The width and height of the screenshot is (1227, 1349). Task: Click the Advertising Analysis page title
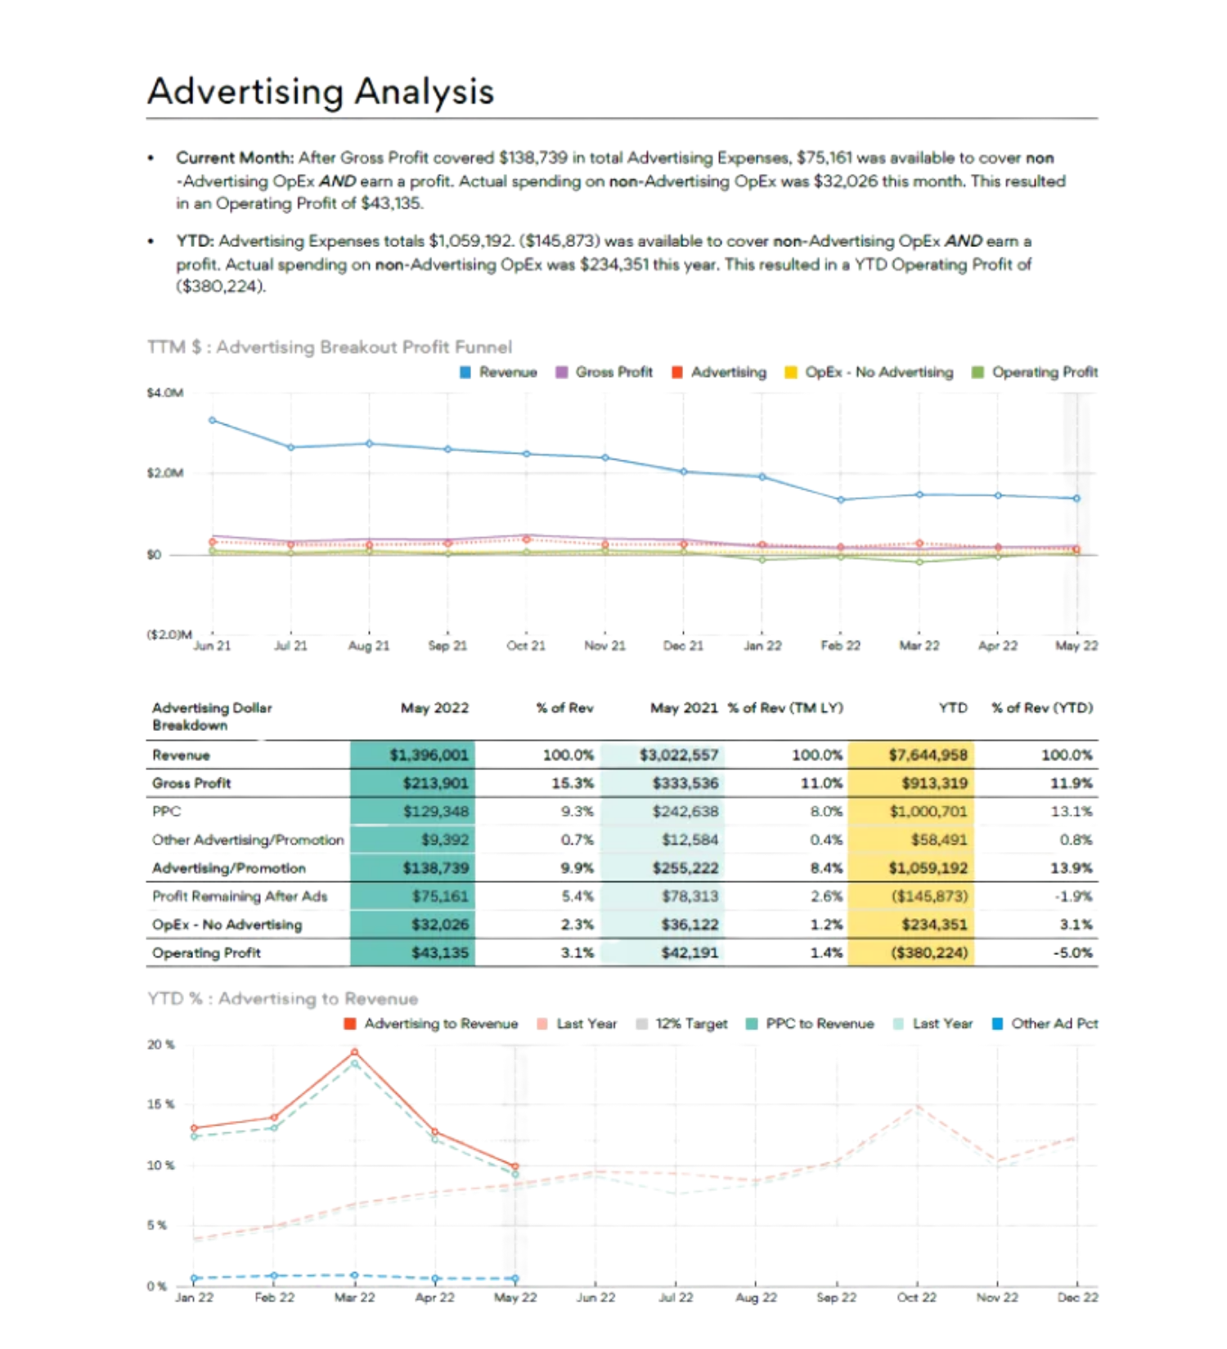click(320, 91)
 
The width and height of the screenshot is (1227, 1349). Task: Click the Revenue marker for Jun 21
click(213, 420)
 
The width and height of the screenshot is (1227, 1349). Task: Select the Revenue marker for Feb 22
click(841, 500)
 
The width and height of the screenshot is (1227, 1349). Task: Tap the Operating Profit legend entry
click(1036, 372)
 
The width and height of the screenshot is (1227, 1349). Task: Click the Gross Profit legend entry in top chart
click(605, 372)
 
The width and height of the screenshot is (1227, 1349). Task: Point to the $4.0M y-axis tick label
click(165, 393)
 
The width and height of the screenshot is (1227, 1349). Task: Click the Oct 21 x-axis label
click(526, 646)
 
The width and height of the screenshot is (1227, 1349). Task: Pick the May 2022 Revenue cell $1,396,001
click(429, 755)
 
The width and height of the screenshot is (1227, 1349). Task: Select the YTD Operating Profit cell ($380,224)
click(929, 952)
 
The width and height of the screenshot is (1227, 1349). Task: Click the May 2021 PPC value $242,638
click(685, 811)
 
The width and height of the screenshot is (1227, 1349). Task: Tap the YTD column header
click(953, 708)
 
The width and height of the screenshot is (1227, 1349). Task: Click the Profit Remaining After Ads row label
click(240, 896)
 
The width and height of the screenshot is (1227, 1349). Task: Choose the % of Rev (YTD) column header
click(1042, 708)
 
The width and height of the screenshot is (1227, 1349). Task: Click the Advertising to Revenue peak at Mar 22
click(354, 1052)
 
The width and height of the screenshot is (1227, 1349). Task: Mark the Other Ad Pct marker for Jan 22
click(195, 1278)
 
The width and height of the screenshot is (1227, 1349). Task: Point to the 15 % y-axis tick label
click(161, 1105)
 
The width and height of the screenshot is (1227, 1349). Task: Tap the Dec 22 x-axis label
click(1077, 1297)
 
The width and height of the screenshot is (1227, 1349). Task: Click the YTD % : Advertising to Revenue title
click(283, 998)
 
